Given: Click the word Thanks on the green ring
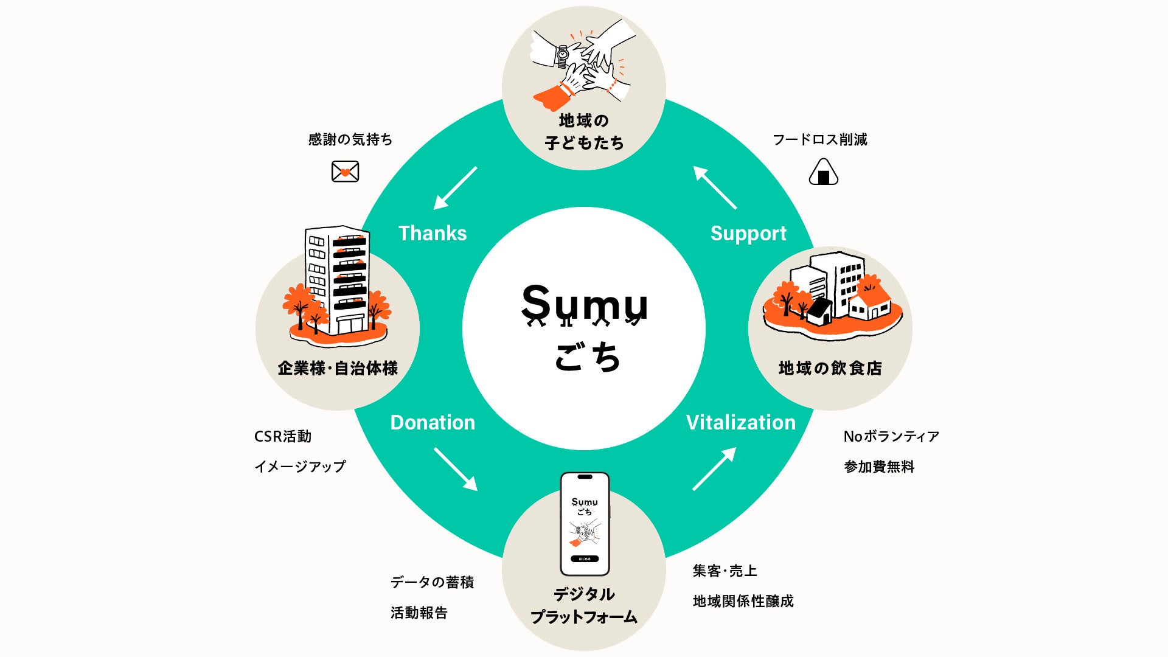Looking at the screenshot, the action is (433, 233).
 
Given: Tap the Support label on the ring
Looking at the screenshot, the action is (748, 234).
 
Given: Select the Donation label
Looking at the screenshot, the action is (433, 422).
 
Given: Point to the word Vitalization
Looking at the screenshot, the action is (741, 422).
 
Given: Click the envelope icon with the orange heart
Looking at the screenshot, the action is (345, 172).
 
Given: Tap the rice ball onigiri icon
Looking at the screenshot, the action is (824, 172).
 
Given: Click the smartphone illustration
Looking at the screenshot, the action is (585, 524).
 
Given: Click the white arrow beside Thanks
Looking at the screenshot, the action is (456, 188).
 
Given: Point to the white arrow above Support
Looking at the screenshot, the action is (715, 188).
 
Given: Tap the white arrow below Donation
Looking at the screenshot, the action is (456, 469).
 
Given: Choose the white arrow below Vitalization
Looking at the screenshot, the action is (715, 468).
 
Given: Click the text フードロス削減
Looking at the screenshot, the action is (820, 139).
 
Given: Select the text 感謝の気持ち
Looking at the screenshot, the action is (350, 139).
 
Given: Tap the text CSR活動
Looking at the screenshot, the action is (283, 436).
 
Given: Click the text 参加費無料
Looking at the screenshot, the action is (879, 467).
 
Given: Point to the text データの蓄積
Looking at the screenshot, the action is (433, 582).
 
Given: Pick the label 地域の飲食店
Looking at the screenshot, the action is (830, 368).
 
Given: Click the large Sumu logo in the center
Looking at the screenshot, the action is (585, 305).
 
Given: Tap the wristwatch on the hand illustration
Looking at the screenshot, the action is (563, 57).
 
